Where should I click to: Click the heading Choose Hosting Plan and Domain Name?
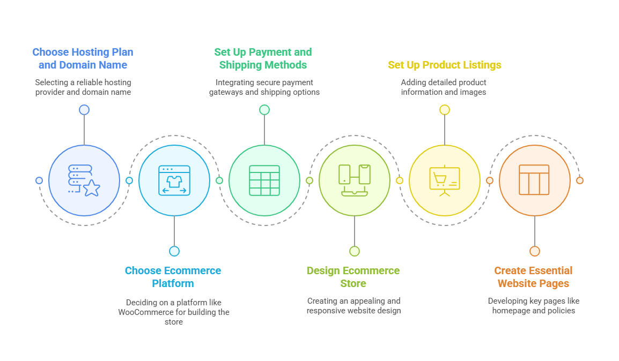tap(83, 58)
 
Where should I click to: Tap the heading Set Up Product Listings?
tap(445, 65)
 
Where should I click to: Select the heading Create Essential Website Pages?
tap(533, 277)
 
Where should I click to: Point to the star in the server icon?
tap(92, 188)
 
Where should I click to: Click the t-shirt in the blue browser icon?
tap(174, 181)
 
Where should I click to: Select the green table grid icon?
tap(264, 180)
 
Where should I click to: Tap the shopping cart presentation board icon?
tap(445, 181)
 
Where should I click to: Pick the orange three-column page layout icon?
tap(534, 180)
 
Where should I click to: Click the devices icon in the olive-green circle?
tap(355, 180)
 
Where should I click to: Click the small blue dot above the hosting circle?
tap(84, 110)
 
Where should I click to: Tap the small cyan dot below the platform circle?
tap(174, 251)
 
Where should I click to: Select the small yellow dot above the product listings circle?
tap(445, 110)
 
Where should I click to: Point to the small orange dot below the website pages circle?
tap(535, 251)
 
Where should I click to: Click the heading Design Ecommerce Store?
tap(353, 277)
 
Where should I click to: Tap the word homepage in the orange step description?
tap(511, 311)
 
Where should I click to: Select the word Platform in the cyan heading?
tap(173, 283)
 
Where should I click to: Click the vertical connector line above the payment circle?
tap(264, 130)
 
